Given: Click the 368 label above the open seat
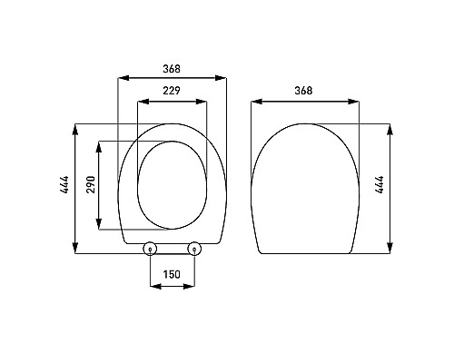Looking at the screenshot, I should pos(172,66).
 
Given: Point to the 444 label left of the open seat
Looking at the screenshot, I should pos(63,188).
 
